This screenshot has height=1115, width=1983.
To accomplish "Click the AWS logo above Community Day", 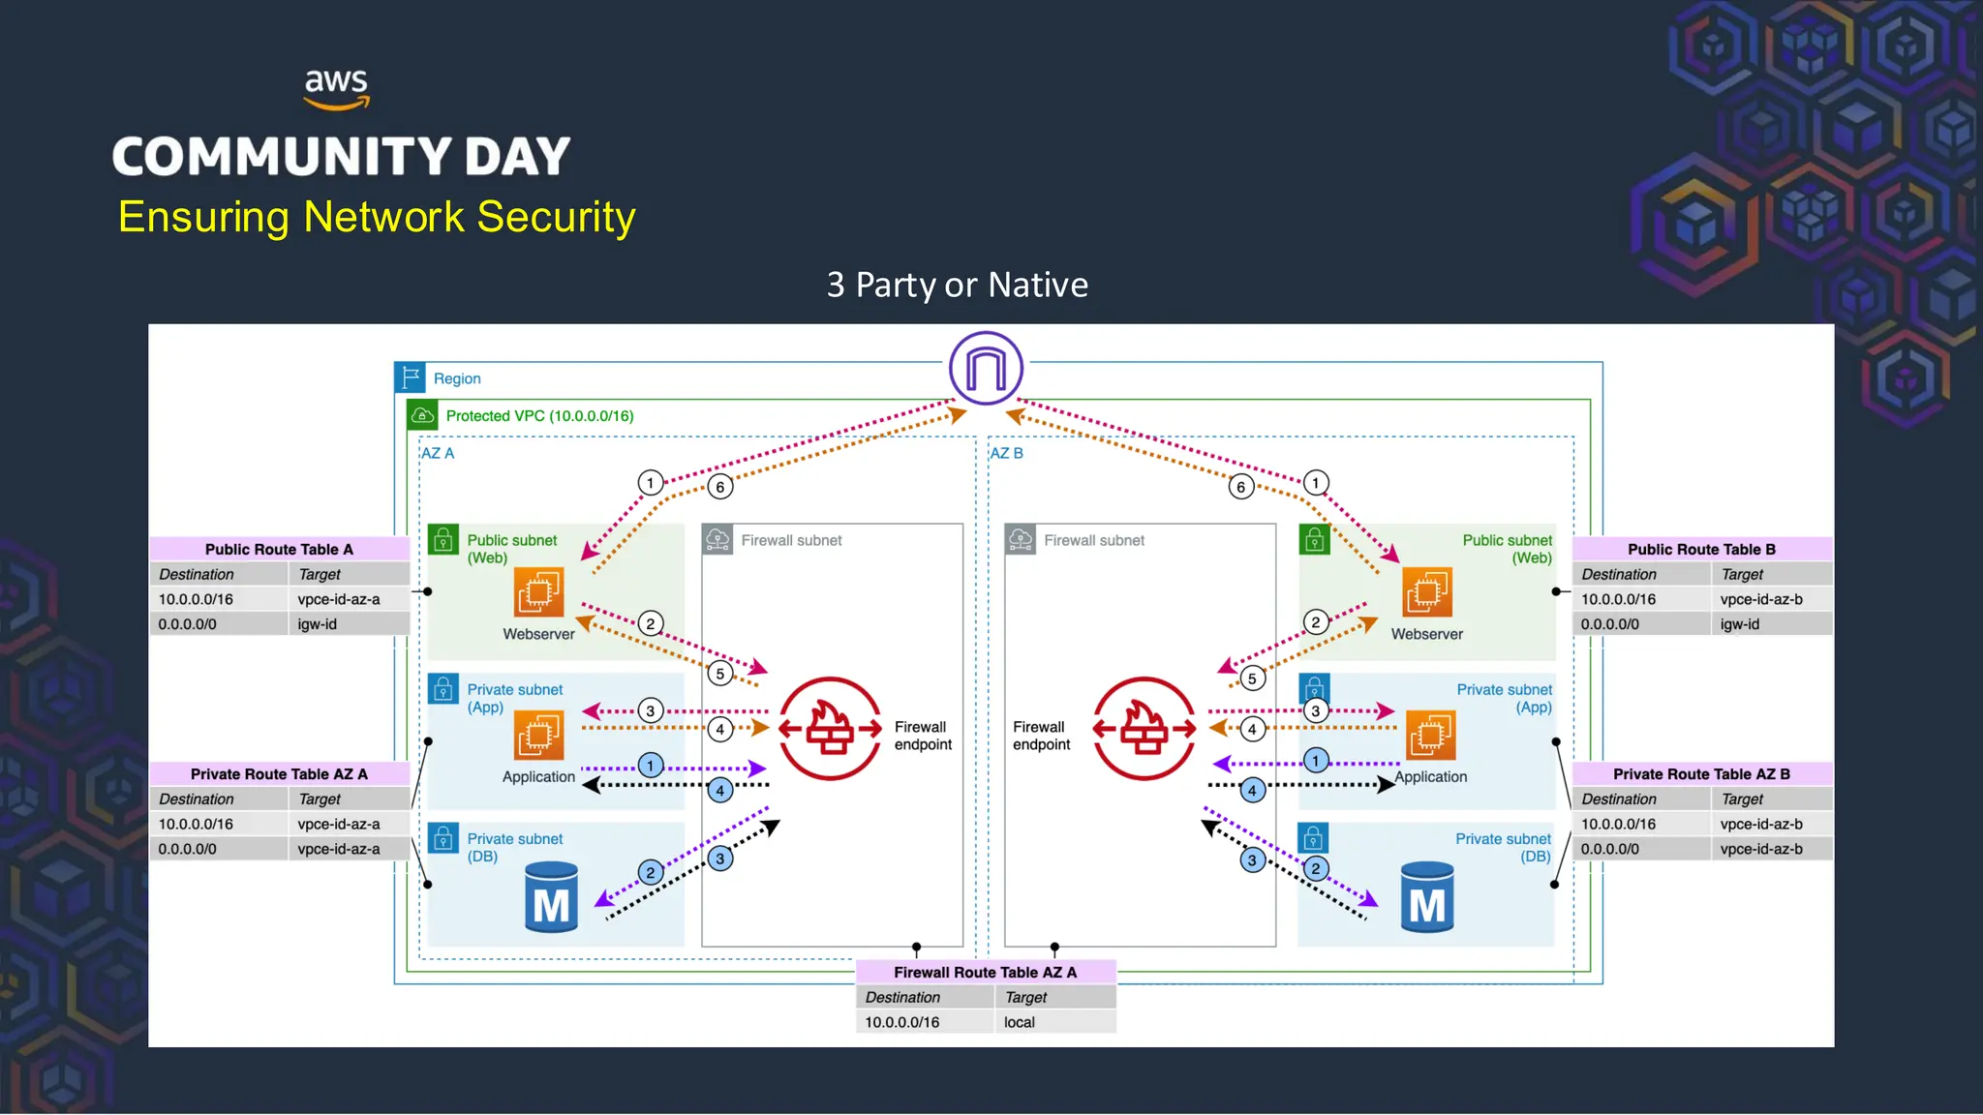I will pyautogui.click(x=336, y=88).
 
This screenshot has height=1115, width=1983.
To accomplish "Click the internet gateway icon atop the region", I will pyautogui.click(x=986, y=369).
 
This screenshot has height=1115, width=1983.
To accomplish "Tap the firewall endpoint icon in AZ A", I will pyautogui.click(x=830, y=728).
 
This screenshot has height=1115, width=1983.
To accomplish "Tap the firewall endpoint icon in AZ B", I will pyautogui.click(x=1144, y=728).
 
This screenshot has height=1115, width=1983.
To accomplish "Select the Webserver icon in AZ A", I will pyautogui.click(x=538, y=592).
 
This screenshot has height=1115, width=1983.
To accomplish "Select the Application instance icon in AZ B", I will pyautogui.click(x=1430, y=735).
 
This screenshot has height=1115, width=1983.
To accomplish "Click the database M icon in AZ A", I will pyautogui.click(x=551, y=898).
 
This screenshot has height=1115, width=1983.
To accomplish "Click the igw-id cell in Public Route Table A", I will pyautogui.click(x=318, y=624).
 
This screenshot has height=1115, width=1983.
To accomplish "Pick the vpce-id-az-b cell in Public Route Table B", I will pyautogui.click(x=1760, y=599).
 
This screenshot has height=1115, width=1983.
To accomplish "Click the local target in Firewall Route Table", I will pyautogui.click(x=1019, y=1022).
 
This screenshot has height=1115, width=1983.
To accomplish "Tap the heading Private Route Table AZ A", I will pyautogui.click(x=279, y=774).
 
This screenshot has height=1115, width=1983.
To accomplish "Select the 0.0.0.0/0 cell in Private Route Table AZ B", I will pyautogui.click(x=1609, y=849).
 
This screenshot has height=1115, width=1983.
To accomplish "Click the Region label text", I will pyautogui.click(x=457, y=378).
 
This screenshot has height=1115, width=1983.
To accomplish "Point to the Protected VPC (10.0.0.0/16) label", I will pyautogui.click(x=539, y=416).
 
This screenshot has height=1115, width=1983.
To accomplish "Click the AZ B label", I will pyautogui.click(x=1006, y=453).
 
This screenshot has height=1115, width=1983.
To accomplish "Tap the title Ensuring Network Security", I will pyautogui.click(x=377, y=217).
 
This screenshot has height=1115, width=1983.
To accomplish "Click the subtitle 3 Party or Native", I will pyautogui.click(x=957, y=285).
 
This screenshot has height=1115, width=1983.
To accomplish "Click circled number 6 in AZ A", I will pyautogui.click(x=719, y=487).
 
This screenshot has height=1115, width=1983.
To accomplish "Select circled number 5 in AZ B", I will pyautogui.click(x=1252, y=678).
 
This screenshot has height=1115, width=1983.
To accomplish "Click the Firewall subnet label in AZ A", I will pyautogui.click(x=791, y=540).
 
